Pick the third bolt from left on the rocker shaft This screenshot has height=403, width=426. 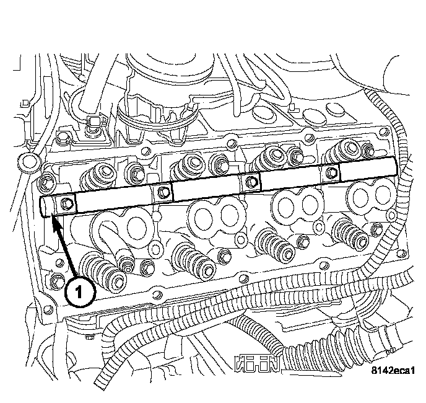[x=251, y=181]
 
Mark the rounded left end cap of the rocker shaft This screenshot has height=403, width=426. [x=45, y=206]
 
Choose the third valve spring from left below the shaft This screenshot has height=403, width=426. [x=272, y=243]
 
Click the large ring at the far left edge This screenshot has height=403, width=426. [x=25, y=164]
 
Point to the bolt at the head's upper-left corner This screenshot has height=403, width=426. [x=46, y=183]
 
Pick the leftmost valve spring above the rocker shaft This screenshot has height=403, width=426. [x=99, y=178]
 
